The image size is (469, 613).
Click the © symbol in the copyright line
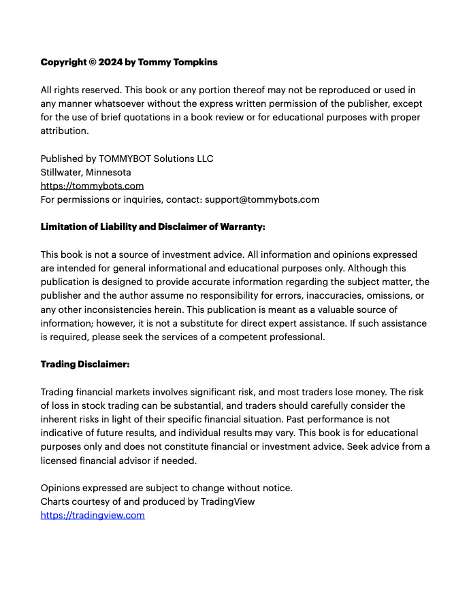pos(92,62)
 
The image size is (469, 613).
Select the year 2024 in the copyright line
pos(110,62)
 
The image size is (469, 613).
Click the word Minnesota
pos(108,172)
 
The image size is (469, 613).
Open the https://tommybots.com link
pos(92,186)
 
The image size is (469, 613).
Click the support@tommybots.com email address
pos(261,199)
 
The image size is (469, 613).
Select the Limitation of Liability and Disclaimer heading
pos(152,227)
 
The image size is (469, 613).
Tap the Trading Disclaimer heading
pos(85,365)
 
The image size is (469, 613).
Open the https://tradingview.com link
pos(93,515)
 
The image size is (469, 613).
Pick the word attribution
pos(63,131)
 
